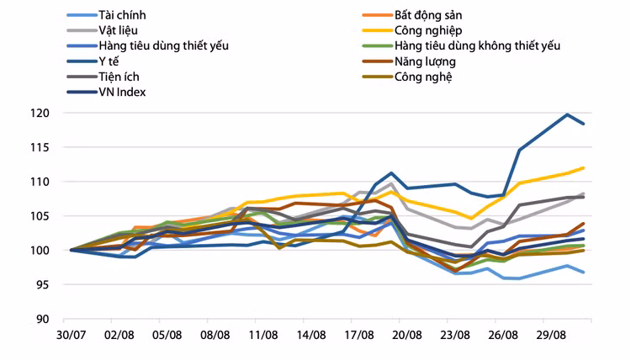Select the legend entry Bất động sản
tap(430, 15)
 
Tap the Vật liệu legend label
tap(118, 30)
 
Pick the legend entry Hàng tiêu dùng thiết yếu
tap(163, 45)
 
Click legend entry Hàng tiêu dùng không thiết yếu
tap(477, 45)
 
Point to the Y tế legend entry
tap(110, 61)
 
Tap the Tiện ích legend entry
tap(118, 77)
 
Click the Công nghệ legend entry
tap(423, 77)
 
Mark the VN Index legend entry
tap(122, 92)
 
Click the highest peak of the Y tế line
tap(568, 114)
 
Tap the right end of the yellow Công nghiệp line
tap(584, 168)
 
